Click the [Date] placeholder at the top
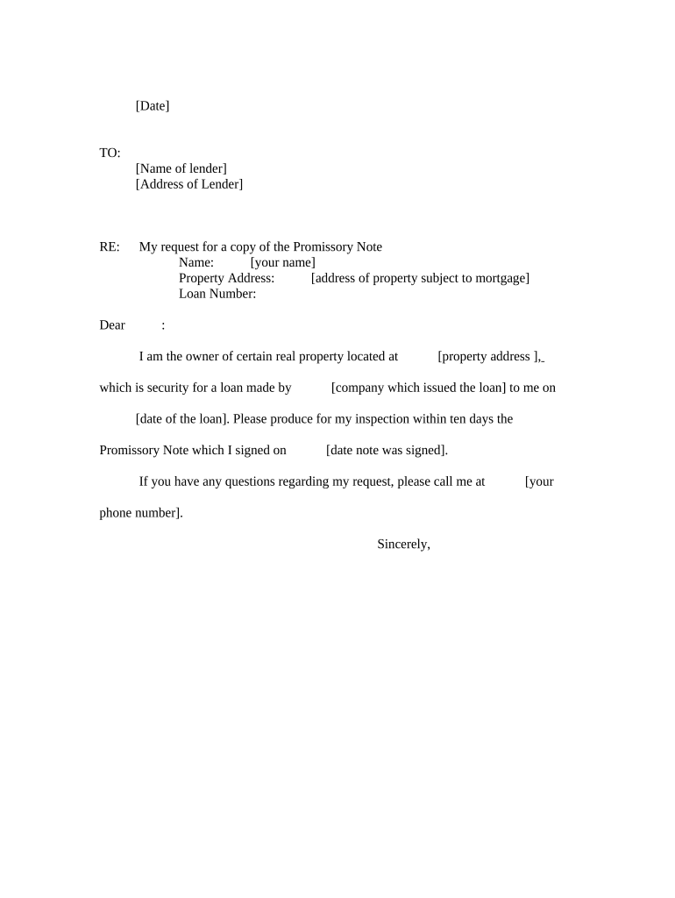153,106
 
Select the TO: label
110,153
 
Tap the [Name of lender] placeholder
181,169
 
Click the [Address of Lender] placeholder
189,185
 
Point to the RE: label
110,247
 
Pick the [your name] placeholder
282,263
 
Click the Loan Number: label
217,295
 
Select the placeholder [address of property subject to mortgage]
420,279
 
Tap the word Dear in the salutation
112,325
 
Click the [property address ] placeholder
488,357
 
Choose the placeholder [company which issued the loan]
418,388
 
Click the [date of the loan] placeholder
182,419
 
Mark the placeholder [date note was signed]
386,451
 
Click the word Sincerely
403,545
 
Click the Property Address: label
227,279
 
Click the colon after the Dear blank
163,326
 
